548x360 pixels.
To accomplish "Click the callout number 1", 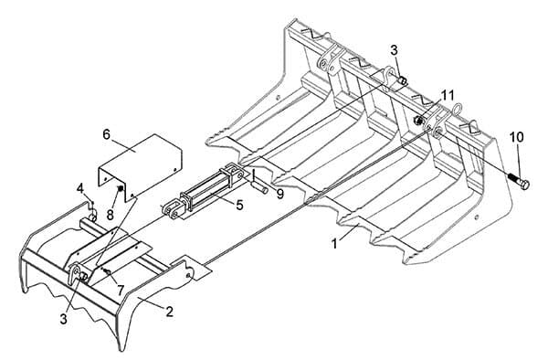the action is pos(335,243).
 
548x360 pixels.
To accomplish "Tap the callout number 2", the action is pos(169,311).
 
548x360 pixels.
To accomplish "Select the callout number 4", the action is pos(80,189).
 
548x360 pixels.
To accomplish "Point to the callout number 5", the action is pos(239,205).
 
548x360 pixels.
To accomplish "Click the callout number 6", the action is pos(107,134).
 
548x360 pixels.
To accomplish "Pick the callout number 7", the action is pos(121,290).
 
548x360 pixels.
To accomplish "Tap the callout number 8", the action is pos(111,215).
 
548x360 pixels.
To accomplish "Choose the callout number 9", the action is pos(280,194).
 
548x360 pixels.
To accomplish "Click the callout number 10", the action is pos(517,137).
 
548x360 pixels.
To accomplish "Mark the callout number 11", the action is pos(447,95).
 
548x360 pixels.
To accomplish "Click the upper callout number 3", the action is pos(394,50).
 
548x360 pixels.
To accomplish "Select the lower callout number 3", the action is pos(63,318).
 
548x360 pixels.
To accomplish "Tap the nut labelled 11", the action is pos(417,121).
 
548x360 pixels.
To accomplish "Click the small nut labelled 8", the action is pos(120,188).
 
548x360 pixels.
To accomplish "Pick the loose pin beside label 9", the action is pos(259,188).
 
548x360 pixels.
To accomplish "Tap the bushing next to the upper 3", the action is pos(402,80).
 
